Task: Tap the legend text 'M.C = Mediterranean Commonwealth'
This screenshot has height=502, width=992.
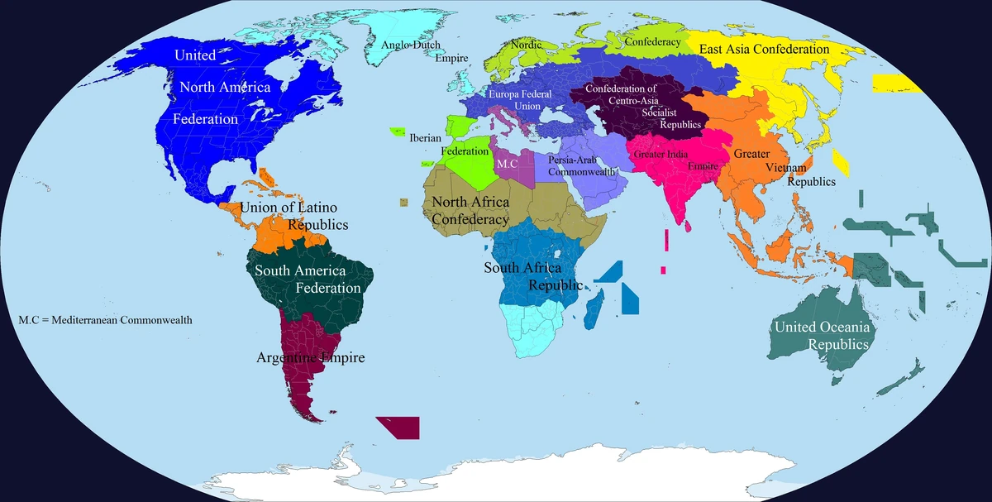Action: (x=105, y=319)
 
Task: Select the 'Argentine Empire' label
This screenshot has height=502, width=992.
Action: (x=311, y=358)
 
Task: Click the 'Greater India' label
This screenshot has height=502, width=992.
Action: (x=661, y=154)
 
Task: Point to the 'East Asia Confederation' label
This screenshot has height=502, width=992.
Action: (x=764, y=50)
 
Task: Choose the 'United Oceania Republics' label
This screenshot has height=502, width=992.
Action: (x=821, y=336)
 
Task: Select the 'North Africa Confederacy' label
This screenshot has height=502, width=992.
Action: (x=470, y=211)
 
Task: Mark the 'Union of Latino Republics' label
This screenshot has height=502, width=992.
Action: (x=293, y=215)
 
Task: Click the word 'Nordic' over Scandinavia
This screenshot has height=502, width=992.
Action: (x=527, y=45)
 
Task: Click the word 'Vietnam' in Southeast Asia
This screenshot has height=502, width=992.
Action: (x=785, y=168)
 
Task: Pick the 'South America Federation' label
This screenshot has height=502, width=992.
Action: (x=308, y=279)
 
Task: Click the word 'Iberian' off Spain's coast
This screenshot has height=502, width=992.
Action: (x=426, y=138)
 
